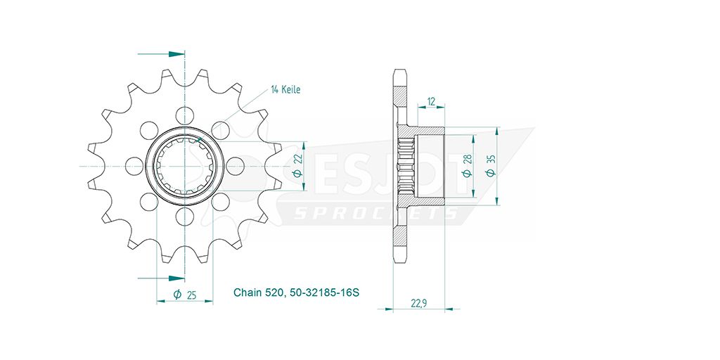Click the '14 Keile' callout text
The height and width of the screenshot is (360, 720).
tap(285, 89)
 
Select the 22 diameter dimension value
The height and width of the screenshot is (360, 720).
tap(297, 158)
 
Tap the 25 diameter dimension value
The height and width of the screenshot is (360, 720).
tap(192, 295)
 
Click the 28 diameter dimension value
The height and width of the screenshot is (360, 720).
tap(466, 158)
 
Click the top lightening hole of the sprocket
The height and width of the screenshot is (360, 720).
tap(185, 115)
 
